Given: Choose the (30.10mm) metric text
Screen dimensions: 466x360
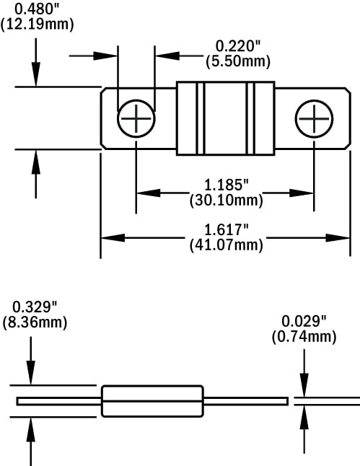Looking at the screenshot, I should (x=224, y=199).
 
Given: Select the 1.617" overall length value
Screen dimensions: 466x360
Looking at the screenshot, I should (x=224, y=231).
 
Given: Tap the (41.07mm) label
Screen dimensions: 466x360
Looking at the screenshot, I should (x=224, y=245).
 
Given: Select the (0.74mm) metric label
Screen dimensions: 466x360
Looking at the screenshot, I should (x=304, y=335).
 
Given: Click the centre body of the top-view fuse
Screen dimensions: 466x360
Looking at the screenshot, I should (x=225, y=118).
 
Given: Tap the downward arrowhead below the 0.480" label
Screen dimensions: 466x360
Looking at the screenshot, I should (x=35, y=82).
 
